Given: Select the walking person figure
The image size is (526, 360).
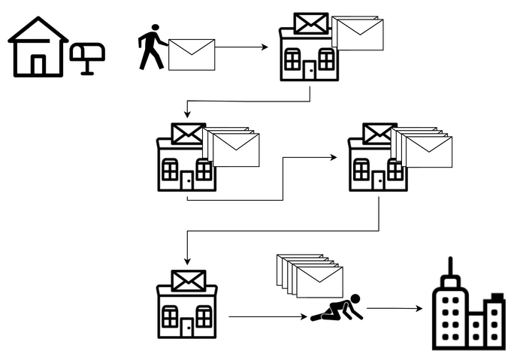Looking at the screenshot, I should tap(152, 47).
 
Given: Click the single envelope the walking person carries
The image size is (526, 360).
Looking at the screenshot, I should tap(192, 55).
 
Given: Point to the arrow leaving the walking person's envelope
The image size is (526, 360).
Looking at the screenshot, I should tap(240, 47).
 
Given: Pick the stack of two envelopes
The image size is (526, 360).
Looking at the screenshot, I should tap(359, 34).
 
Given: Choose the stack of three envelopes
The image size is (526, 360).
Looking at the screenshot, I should tap(233, 147).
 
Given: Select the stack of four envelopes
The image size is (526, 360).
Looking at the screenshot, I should tap(424, 147).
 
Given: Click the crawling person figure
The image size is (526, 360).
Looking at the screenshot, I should tap(337, 308).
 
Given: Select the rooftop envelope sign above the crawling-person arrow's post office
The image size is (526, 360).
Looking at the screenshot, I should tap(188, 281).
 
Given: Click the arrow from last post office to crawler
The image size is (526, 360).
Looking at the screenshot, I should tap(267, 316).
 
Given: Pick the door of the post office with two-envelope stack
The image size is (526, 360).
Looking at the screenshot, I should tap(309, 71).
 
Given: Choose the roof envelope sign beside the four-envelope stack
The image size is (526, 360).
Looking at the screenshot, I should tap(379, 134).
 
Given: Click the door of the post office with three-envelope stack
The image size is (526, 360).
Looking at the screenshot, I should tap(186, 180).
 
